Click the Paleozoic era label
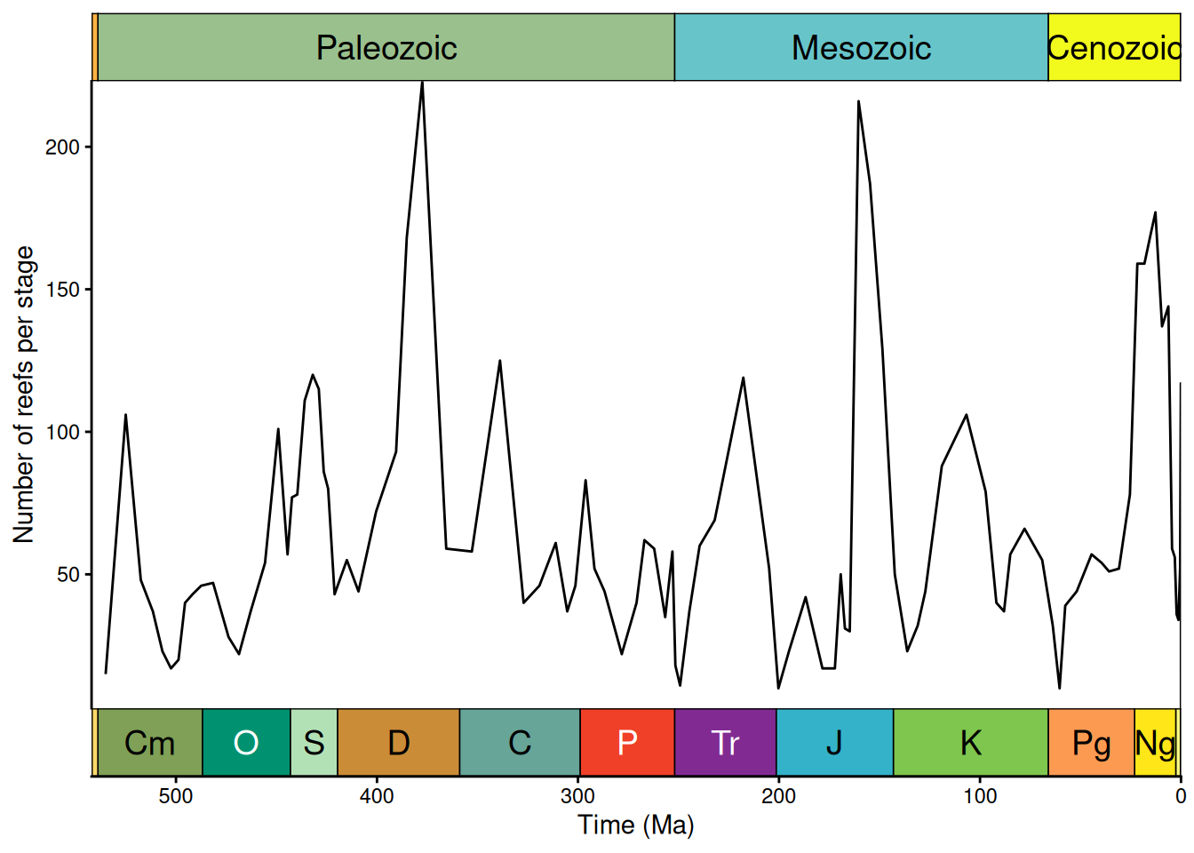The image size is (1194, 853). pos(386,48)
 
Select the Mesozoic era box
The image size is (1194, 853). pos(861,48)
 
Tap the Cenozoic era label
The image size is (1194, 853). pos(1114,48)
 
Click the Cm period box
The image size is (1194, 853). pos(149,743)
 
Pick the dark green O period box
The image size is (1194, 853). pos(246,743)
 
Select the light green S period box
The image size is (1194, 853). pos(314,743)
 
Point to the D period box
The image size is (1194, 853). pos(398,743)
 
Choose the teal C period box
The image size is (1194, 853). pos(520,743)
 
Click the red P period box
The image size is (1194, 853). pos(627,743)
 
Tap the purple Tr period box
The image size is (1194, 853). pos(725,743)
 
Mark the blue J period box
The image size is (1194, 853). pos(834,743)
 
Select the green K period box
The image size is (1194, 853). pos(970,743)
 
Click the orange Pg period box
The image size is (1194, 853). pos(1091,743)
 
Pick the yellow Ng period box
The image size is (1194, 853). pos(1155,743)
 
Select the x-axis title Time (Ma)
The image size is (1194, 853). pos(636,825)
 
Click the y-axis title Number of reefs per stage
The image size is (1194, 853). pos(24,395)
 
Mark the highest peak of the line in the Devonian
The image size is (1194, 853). pos(422,83)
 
